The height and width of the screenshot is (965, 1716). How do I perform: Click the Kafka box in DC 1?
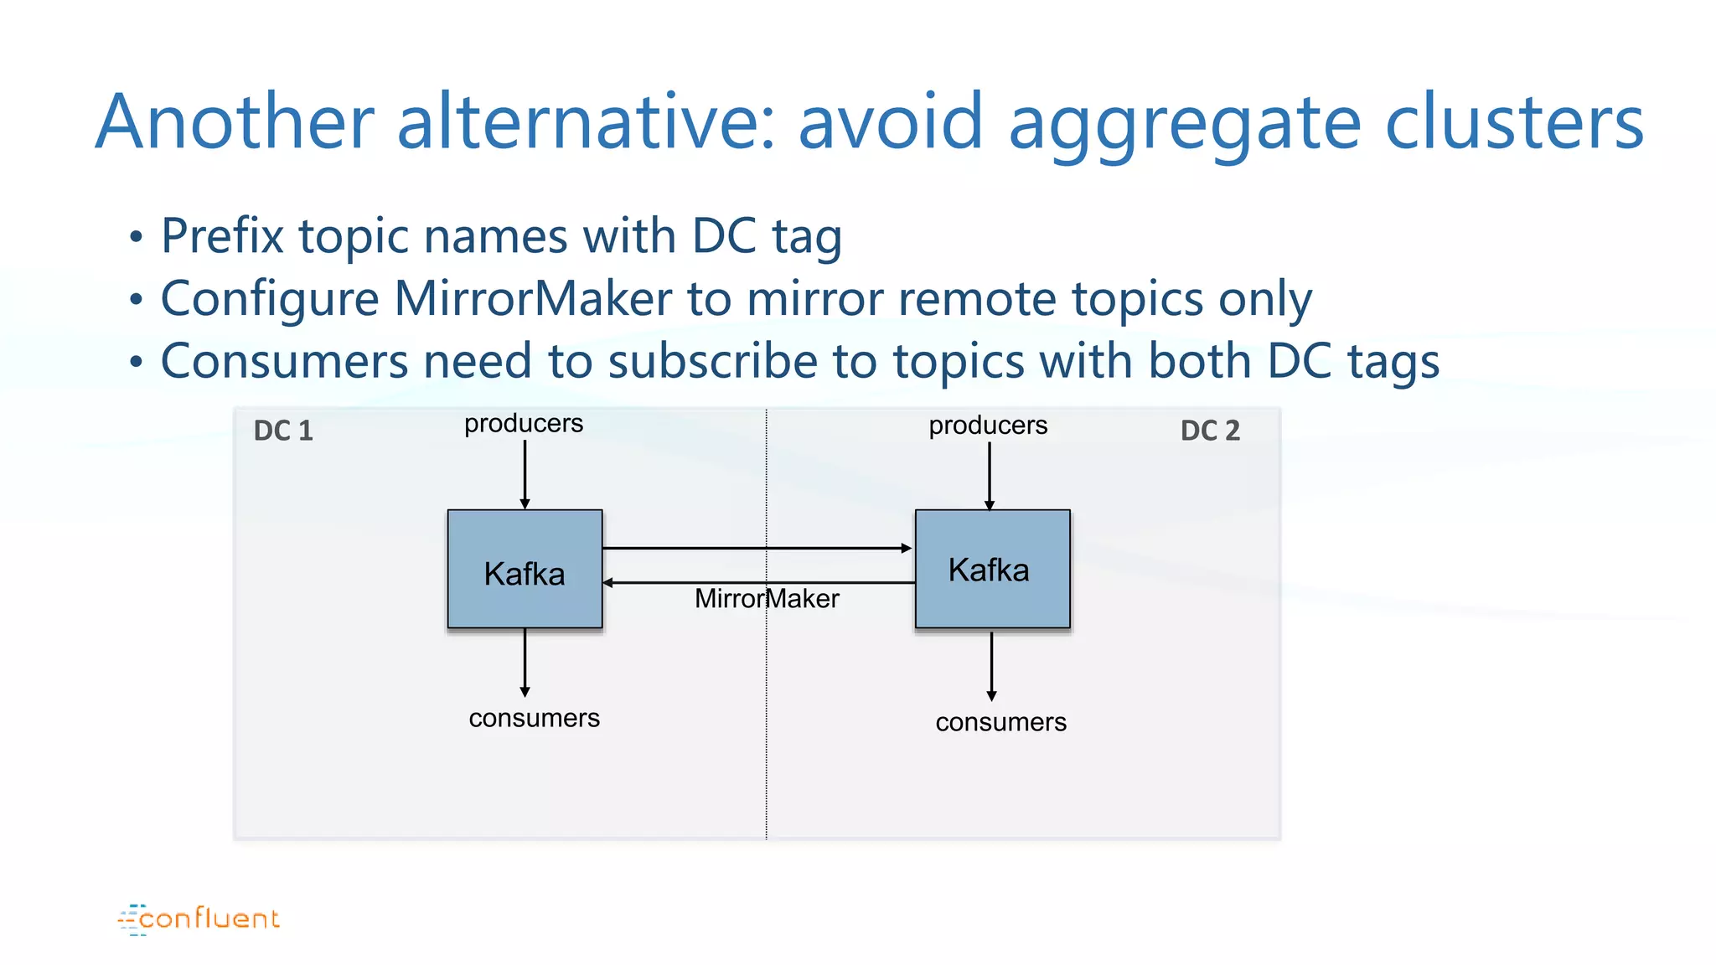pyautogui.click(x=525, y=569)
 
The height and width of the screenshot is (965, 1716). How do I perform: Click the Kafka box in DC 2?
pyautogui.click(x=992, y=569)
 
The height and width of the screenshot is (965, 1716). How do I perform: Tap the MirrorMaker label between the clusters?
pyautogui.click(x=767, y=599)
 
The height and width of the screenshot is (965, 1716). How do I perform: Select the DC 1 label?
pyautogui.click(x=283, y=431)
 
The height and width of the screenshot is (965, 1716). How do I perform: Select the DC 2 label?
pyautogui.click(x=1210, y=431)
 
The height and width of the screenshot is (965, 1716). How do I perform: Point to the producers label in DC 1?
pyautogui.click(x=524, y=424)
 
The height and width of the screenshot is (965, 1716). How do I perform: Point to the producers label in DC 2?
pyautogui.click(x=988, y=426)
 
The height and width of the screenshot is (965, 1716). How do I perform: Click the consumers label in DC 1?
pyautogui.click(x=534, y=718)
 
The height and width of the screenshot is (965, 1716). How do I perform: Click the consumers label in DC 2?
pyautogui.click(x=1000, y=722)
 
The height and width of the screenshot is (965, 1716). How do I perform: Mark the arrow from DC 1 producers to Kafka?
pyautogui.click(x=525, y=474)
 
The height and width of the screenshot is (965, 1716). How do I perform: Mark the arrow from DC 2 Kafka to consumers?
pyautogui.click(x=991, y=666)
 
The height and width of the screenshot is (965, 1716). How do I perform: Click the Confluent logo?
pyautogui.click(x=199, y=919)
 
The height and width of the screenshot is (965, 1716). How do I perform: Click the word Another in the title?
pyautogui.click(x=235, y=122)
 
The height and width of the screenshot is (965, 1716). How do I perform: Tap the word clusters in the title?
pyautogui.click(x=1515, y=122)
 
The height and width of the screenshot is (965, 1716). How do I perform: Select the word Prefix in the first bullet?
pyautogui.click(x=222, y=236)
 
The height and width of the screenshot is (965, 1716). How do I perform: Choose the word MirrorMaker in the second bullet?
pyautogui.click(x=533, y=299)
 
